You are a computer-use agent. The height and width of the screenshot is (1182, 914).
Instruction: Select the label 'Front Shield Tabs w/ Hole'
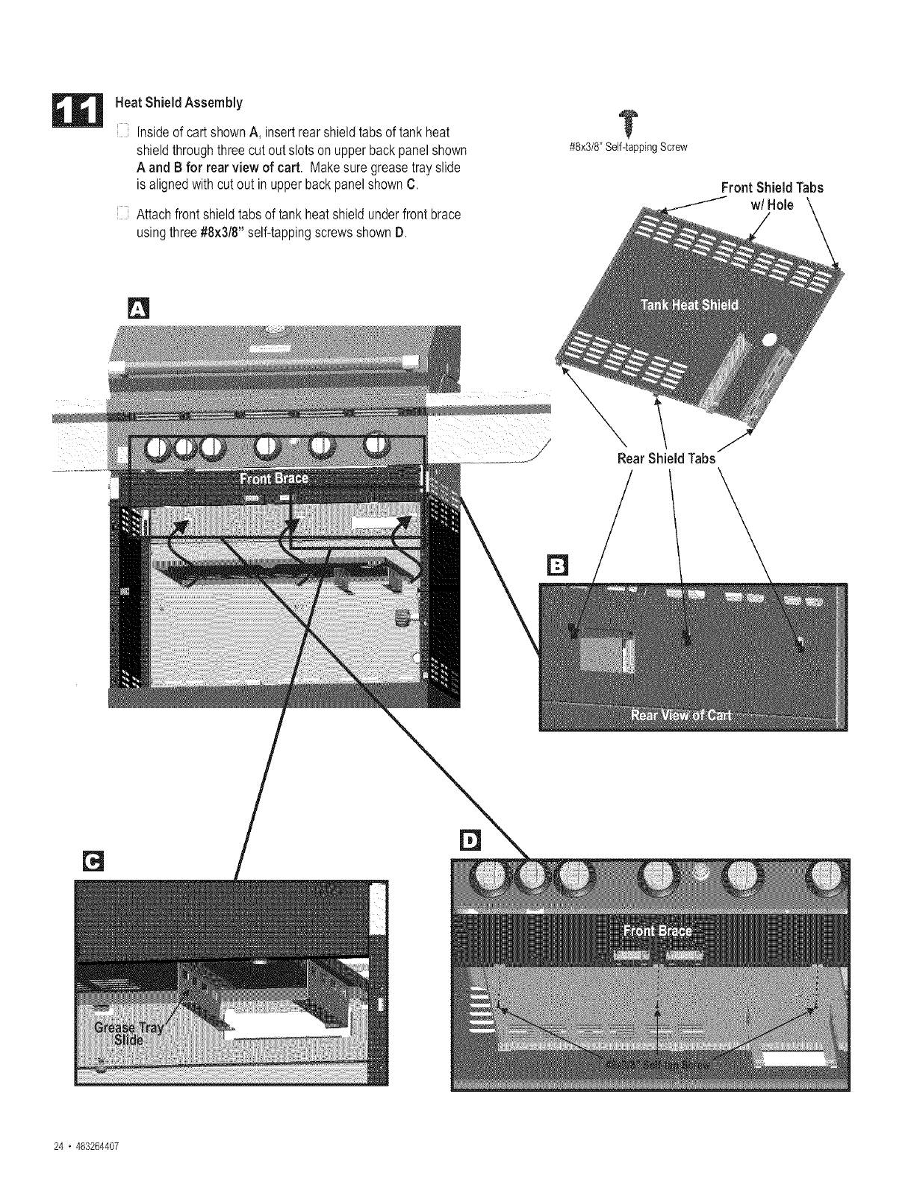pos(772,196)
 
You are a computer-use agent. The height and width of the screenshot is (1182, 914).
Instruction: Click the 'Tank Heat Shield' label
pos(689,304)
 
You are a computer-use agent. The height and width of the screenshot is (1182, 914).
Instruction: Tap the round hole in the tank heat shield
pos(769,340)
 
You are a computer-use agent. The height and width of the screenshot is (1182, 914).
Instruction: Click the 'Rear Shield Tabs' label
pos(666,459)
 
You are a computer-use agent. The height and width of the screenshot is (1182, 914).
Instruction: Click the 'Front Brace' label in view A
pos(273,478)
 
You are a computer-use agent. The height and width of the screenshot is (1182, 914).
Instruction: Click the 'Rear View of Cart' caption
pos(681,714)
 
